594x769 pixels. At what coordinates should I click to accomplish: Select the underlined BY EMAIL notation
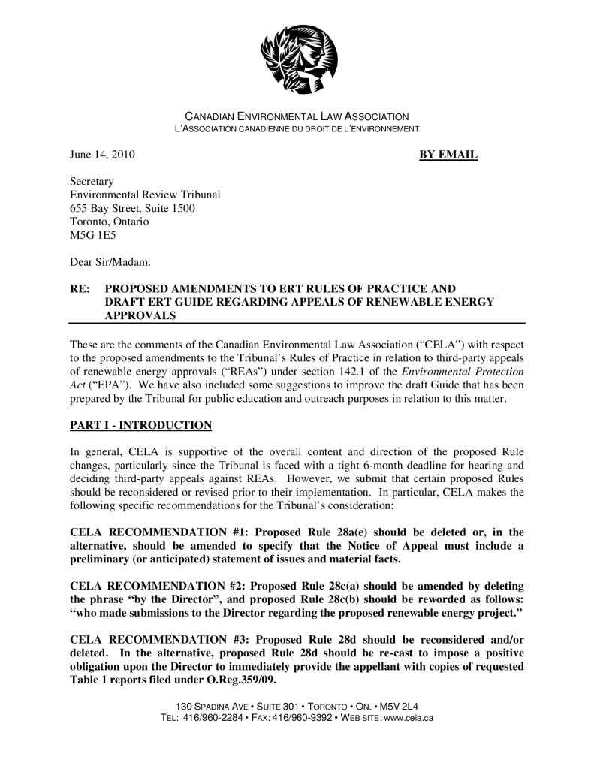[x=448, y=155]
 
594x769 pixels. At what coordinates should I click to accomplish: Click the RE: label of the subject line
[x=80, y=288]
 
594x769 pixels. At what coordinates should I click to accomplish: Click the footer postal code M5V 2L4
[x=400, y=707]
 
